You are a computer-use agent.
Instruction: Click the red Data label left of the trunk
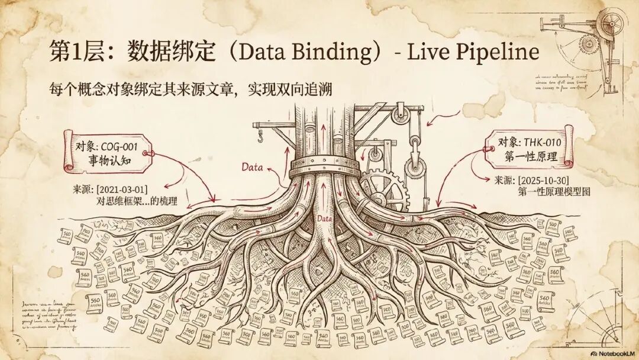[x=253, y=167]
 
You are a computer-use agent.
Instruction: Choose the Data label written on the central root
[x=325, y=219]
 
